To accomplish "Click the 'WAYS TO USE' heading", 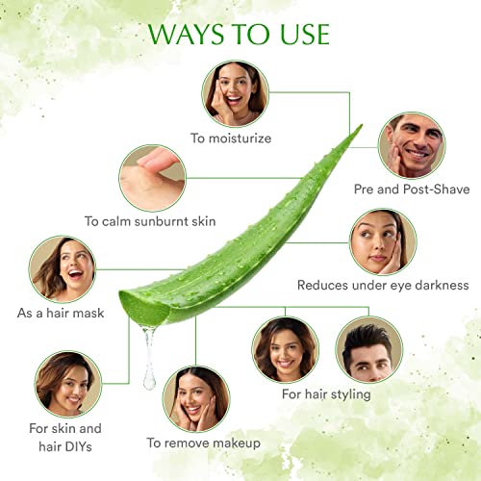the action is click(239, 34).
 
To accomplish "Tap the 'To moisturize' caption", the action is click(231, 139).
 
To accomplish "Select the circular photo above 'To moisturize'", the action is click(235, 93).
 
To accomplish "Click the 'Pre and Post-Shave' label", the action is click(412, 190).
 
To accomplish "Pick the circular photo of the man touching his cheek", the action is click(412, 145).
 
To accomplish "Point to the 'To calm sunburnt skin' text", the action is click(150, 221).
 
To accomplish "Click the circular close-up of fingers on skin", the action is click(152, 178).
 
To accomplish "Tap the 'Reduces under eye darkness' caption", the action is click(383, 285).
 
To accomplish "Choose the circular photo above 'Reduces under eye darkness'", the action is click(383, 241).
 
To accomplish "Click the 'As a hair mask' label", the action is click(61, 313).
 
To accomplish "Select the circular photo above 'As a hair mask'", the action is click(63, 269).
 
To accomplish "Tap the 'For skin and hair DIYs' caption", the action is click(65, 438).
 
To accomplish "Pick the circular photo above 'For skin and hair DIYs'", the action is click(68, 384).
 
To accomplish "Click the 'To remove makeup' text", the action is click(204, 443).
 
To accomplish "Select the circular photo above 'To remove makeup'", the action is click(196, 399).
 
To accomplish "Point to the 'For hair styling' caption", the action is click(326, 394).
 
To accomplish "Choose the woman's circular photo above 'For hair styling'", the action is click(286, 349).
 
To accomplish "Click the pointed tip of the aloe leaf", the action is click(362, 125).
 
